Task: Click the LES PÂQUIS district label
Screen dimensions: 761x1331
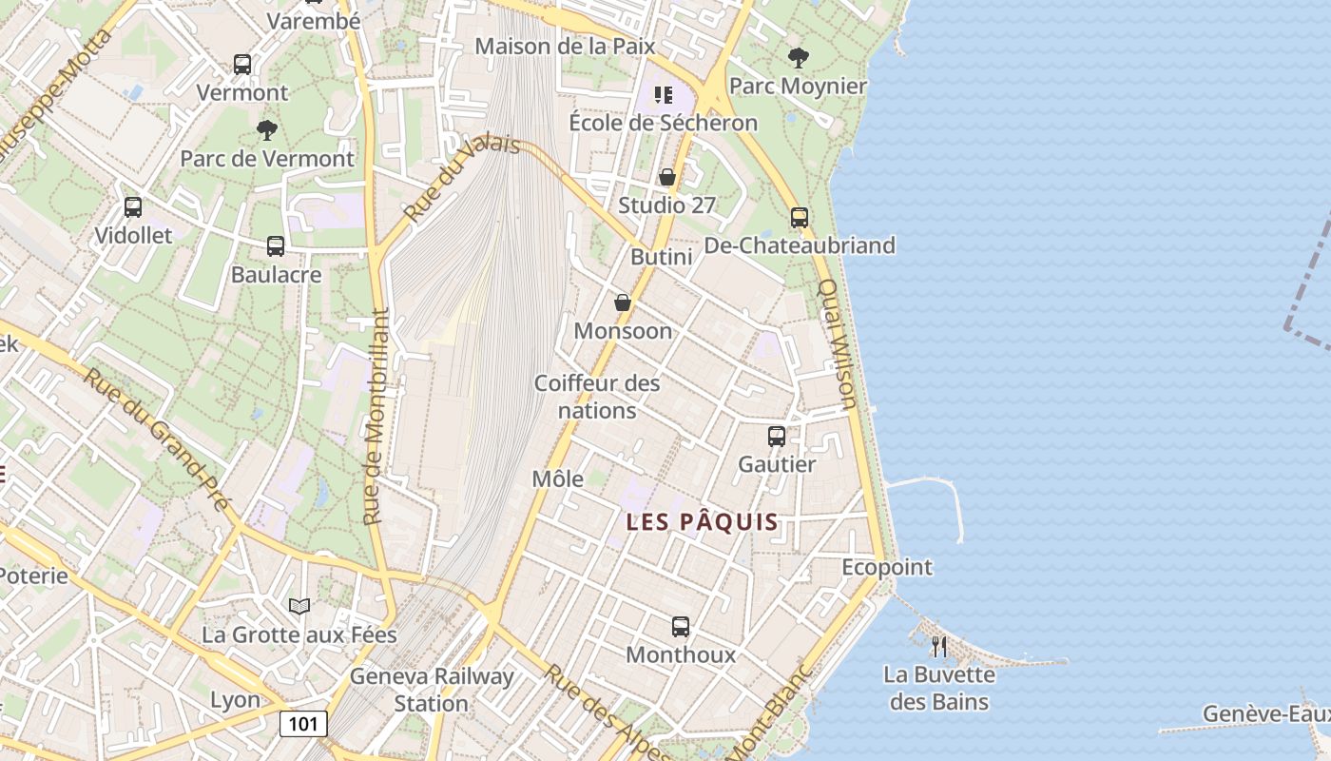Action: point(703,521)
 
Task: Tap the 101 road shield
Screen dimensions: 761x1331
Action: point(303,724)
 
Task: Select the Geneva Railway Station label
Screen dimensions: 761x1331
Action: point(432,690)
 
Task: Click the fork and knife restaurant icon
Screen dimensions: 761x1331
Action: point(939,647)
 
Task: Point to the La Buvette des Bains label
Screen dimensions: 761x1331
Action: point(938,689)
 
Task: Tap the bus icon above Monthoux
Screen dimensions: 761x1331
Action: point(681,627)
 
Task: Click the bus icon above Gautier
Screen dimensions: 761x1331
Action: point(777,437)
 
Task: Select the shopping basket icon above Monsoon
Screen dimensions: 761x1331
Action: point(623,302)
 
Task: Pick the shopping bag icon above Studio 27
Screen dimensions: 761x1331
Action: point(667,177)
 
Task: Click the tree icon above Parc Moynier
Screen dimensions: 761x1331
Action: point(799,57)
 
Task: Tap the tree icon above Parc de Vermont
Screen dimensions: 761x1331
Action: point(267,129)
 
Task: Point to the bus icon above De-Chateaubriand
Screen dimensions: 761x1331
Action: point(800,217)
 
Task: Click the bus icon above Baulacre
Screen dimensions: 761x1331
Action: point(276,246)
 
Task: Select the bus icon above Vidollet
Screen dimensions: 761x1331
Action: point(133,207)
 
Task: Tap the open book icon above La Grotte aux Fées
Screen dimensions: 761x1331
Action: point(299,606)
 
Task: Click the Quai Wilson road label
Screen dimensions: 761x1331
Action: point(838,343)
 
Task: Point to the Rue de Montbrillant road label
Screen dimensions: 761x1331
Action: point(377,416)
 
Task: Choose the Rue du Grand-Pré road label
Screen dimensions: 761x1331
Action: point(157,437)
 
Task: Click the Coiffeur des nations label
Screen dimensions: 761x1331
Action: point(597,397)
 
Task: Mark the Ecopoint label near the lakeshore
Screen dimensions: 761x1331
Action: point(887,567)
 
